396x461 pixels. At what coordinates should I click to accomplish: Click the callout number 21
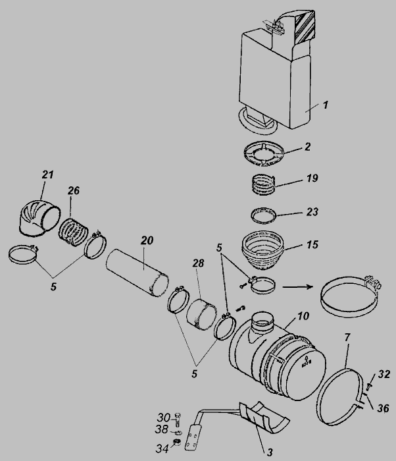point(47,175)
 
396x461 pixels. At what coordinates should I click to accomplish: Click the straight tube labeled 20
point(137,273)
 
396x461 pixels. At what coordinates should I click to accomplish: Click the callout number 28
point(198,263)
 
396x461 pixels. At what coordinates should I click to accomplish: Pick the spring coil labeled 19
point(264,184)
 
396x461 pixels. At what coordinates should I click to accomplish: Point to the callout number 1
point(325,105)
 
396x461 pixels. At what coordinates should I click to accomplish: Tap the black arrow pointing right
point(297,286)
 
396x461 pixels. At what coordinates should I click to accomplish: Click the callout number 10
point(303,316)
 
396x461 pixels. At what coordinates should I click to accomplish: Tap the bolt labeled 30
point(178,420)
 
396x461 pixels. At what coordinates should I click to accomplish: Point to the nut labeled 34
point(177,442)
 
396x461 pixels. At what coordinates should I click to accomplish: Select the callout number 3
point(270,452)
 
